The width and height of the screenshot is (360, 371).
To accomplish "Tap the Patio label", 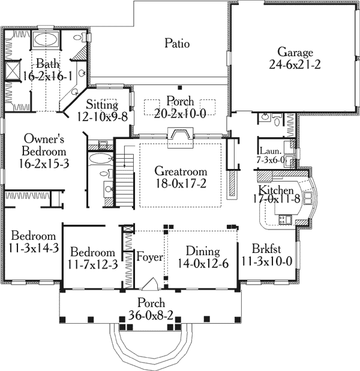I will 177,43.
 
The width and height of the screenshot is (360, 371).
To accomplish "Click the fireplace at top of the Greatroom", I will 180,137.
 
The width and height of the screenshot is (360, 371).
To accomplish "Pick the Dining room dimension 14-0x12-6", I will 202,263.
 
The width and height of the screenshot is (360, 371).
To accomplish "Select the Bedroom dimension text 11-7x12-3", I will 92,263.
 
